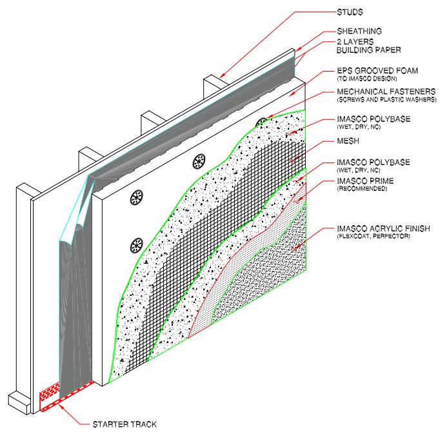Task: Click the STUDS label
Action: pos(351,12)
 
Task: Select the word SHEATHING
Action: pos(361,31)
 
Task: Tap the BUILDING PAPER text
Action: pos(370,49)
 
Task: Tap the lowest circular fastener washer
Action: pos(136,245)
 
